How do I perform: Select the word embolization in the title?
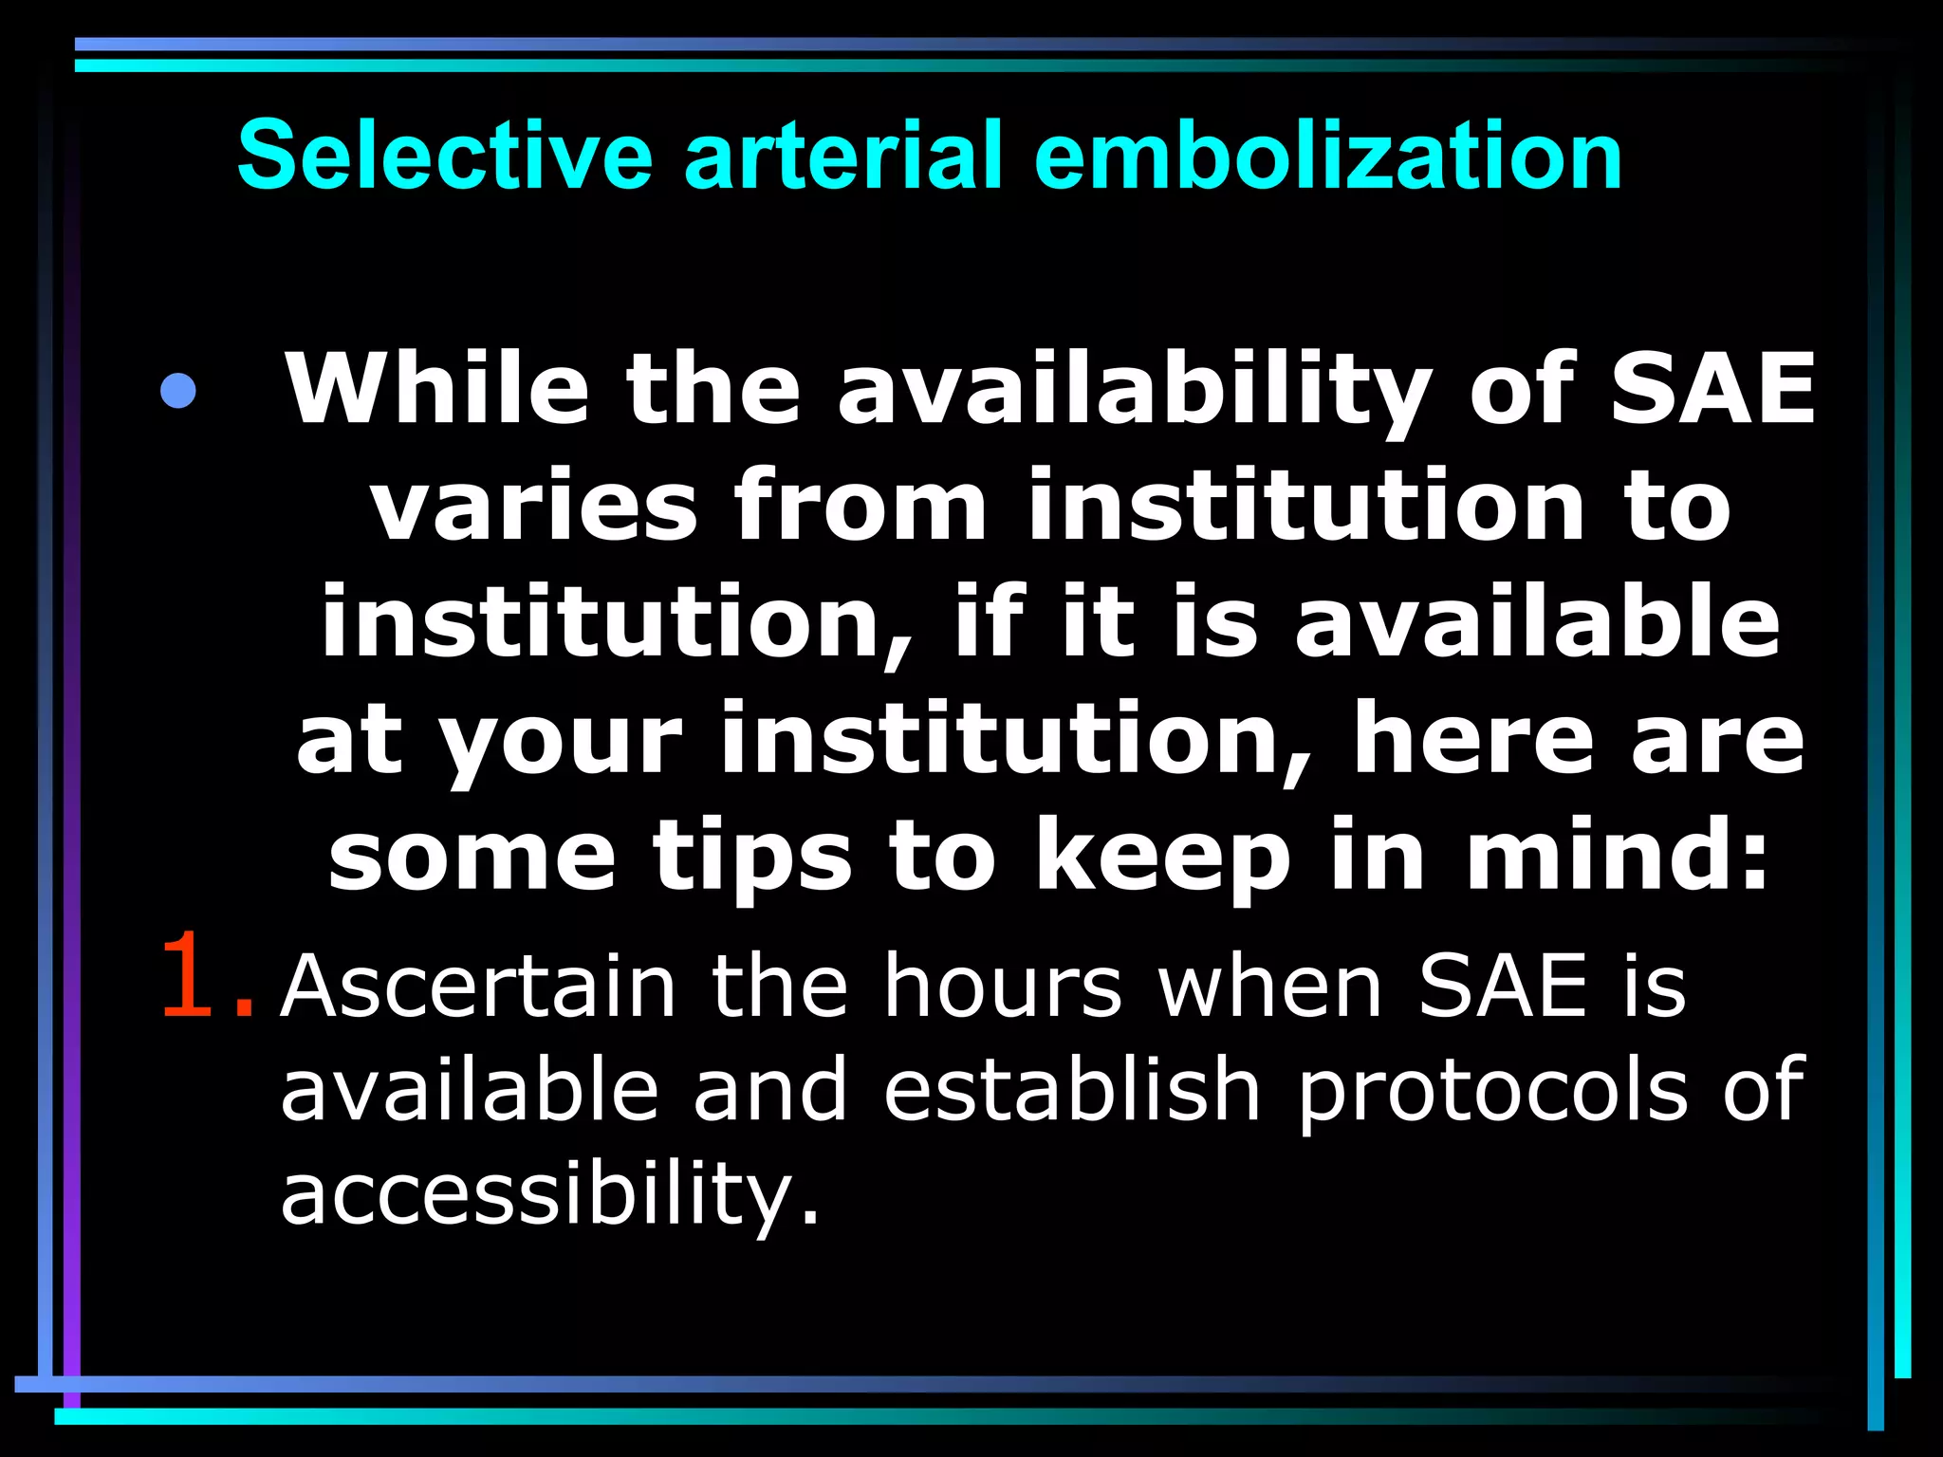tap(1328, 155)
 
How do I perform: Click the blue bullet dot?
tap(178, 391)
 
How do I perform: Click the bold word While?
tap(437, 389)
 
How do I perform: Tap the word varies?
tap(534, 506)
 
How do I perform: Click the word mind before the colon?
tap(1603, 857)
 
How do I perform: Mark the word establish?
tap(1072, 1091)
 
